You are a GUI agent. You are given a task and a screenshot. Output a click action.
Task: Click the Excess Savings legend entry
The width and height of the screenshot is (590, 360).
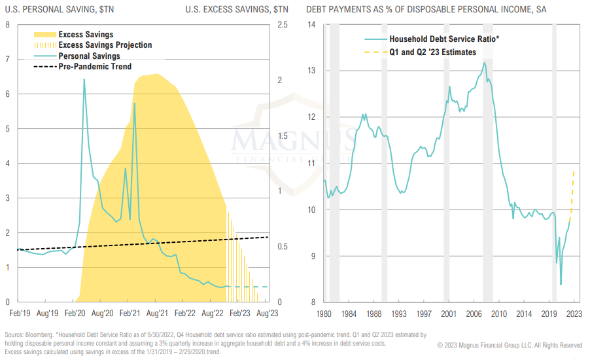coord(85,35)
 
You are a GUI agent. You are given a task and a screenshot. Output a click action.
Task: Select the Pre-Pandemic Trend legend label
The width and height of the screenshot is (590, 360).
coord(94,67)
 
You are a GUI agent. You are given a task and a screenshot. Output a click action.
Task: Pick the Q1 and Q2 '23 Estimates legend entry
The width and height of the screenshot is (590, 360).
coord(432,52)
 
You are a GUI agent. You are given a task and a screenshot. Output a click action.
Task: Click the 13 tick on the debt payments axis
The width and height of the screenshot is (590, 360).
coord(311,71)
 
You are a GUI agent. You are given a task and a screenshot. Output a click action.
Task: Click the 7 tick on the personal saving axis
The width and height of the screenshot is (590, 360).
coord(7,60)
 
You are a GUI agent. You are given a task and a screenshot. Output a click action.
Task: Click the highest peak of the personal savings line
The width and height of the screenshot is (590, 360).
coord(84,79)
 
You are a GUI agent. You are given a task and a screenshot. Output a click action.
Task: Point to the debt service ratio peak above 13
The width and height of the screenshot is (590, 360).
coord(484,63)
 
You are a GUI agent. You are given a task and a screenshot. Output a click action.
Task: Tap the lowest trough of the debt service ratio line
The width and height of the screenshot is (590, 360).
coord(561,284)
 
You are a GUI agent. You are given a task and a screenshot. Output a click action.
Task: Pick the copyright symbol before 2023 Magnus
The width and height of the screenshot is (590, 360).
coord(440,345)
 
